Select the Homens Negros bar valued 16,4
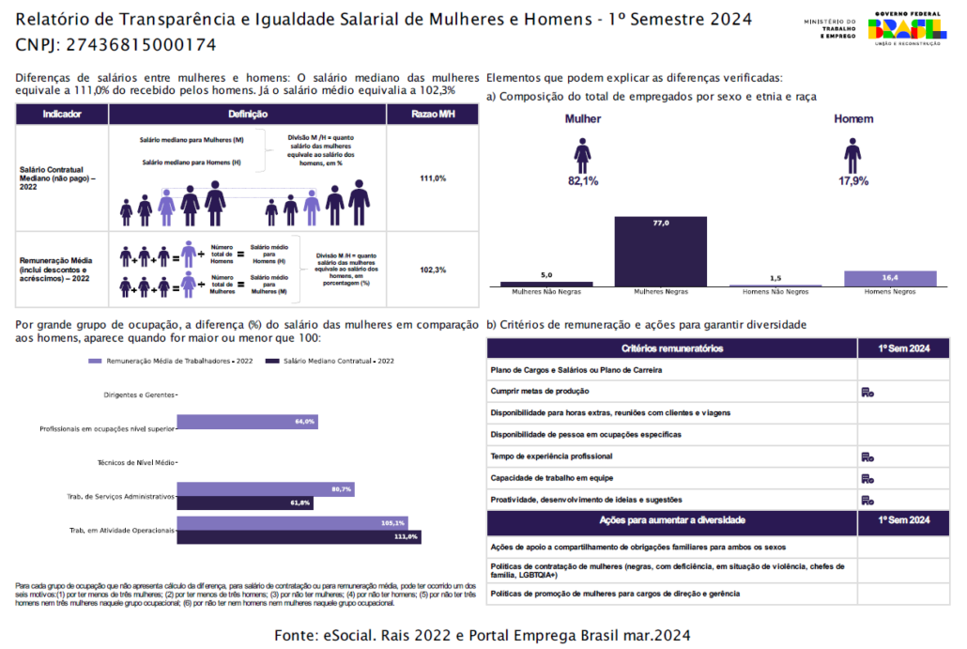[890, 278]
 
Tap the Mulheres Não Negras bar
[546, 284]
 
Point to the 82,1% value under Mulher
[583, 180]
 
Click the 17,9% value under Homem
[852, 180]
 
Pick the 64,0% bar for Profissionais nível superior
[247, 423]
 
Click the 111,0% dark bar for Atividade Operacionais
[299, 536]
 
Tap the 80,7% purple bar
[265, 489]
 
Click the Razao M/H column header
[433, 114]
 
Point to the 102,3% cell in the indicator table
[433, 270]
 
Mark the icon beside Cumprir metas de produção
[867, 392]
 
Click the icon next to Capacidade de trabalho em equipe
[867, 478]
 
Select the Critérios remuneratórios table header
[671, 348]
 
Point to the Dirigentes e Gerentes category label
[138, 394]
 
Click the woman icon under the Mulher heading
[583, 155]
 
